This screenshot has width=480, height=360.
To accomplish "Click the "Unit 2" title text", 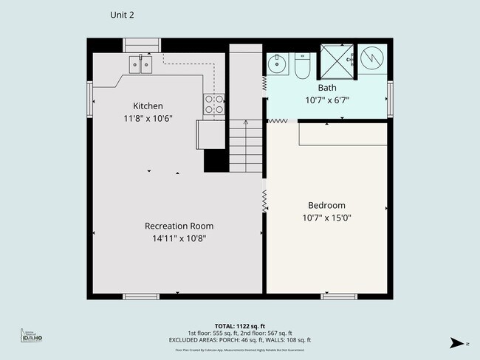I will [x=122, y=14].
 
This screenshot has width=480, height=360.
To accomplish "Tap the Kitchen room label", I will [x=148, y=105].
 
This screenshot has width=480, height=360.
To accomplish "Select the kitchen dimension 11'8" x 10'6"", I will [x=148, y=119].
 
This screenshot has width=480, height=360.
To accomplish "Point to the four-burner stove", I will [x=214, y=105].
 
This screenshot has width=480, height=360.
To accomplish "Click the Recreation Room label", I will [x=179, y=226].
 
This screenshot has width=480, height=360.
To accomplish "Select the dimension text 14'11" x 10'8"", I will [x=179, y=238].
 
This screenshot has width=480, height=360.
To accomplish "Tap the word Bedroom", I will [x=326, y=205].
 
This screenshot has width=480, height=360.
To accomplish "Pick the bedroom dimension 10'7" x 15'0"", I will [x=326, y=218].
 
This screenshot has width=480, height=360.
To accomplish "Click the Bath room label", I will [x=327, y=87].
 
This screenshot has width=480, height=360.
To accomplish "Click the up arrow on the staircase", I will [x=247, y=125].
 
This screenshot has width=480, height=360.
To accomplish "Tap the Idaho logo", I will [x=31, y=336].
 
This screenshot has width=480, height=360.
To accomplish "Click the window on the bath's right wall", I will [x=390, y=94].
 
